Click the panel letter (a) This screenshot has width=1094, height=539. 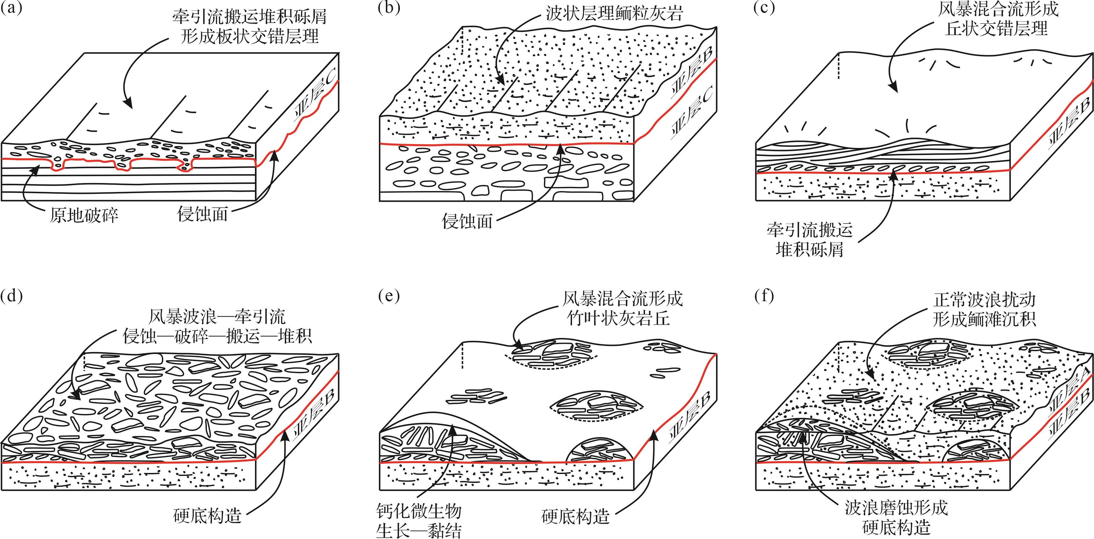tap(11, 9)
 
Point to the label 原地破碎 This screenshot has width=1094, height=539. tap(84, 215)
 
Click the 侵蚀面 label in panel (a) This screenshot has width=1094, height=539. tap(202, 214)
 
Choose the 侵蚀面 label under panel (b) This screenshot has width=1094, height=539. tap(467, 221)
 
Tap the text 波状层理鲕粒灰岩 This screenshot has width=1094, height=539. tap(614, 14)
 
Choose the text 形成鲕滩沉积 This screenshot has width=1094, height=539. tap(984, 319)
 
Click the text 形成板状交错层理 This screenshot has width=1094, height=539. tap(250, 37)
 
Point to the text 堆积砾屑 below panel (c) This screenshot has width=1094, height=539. tap(809, 249)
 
